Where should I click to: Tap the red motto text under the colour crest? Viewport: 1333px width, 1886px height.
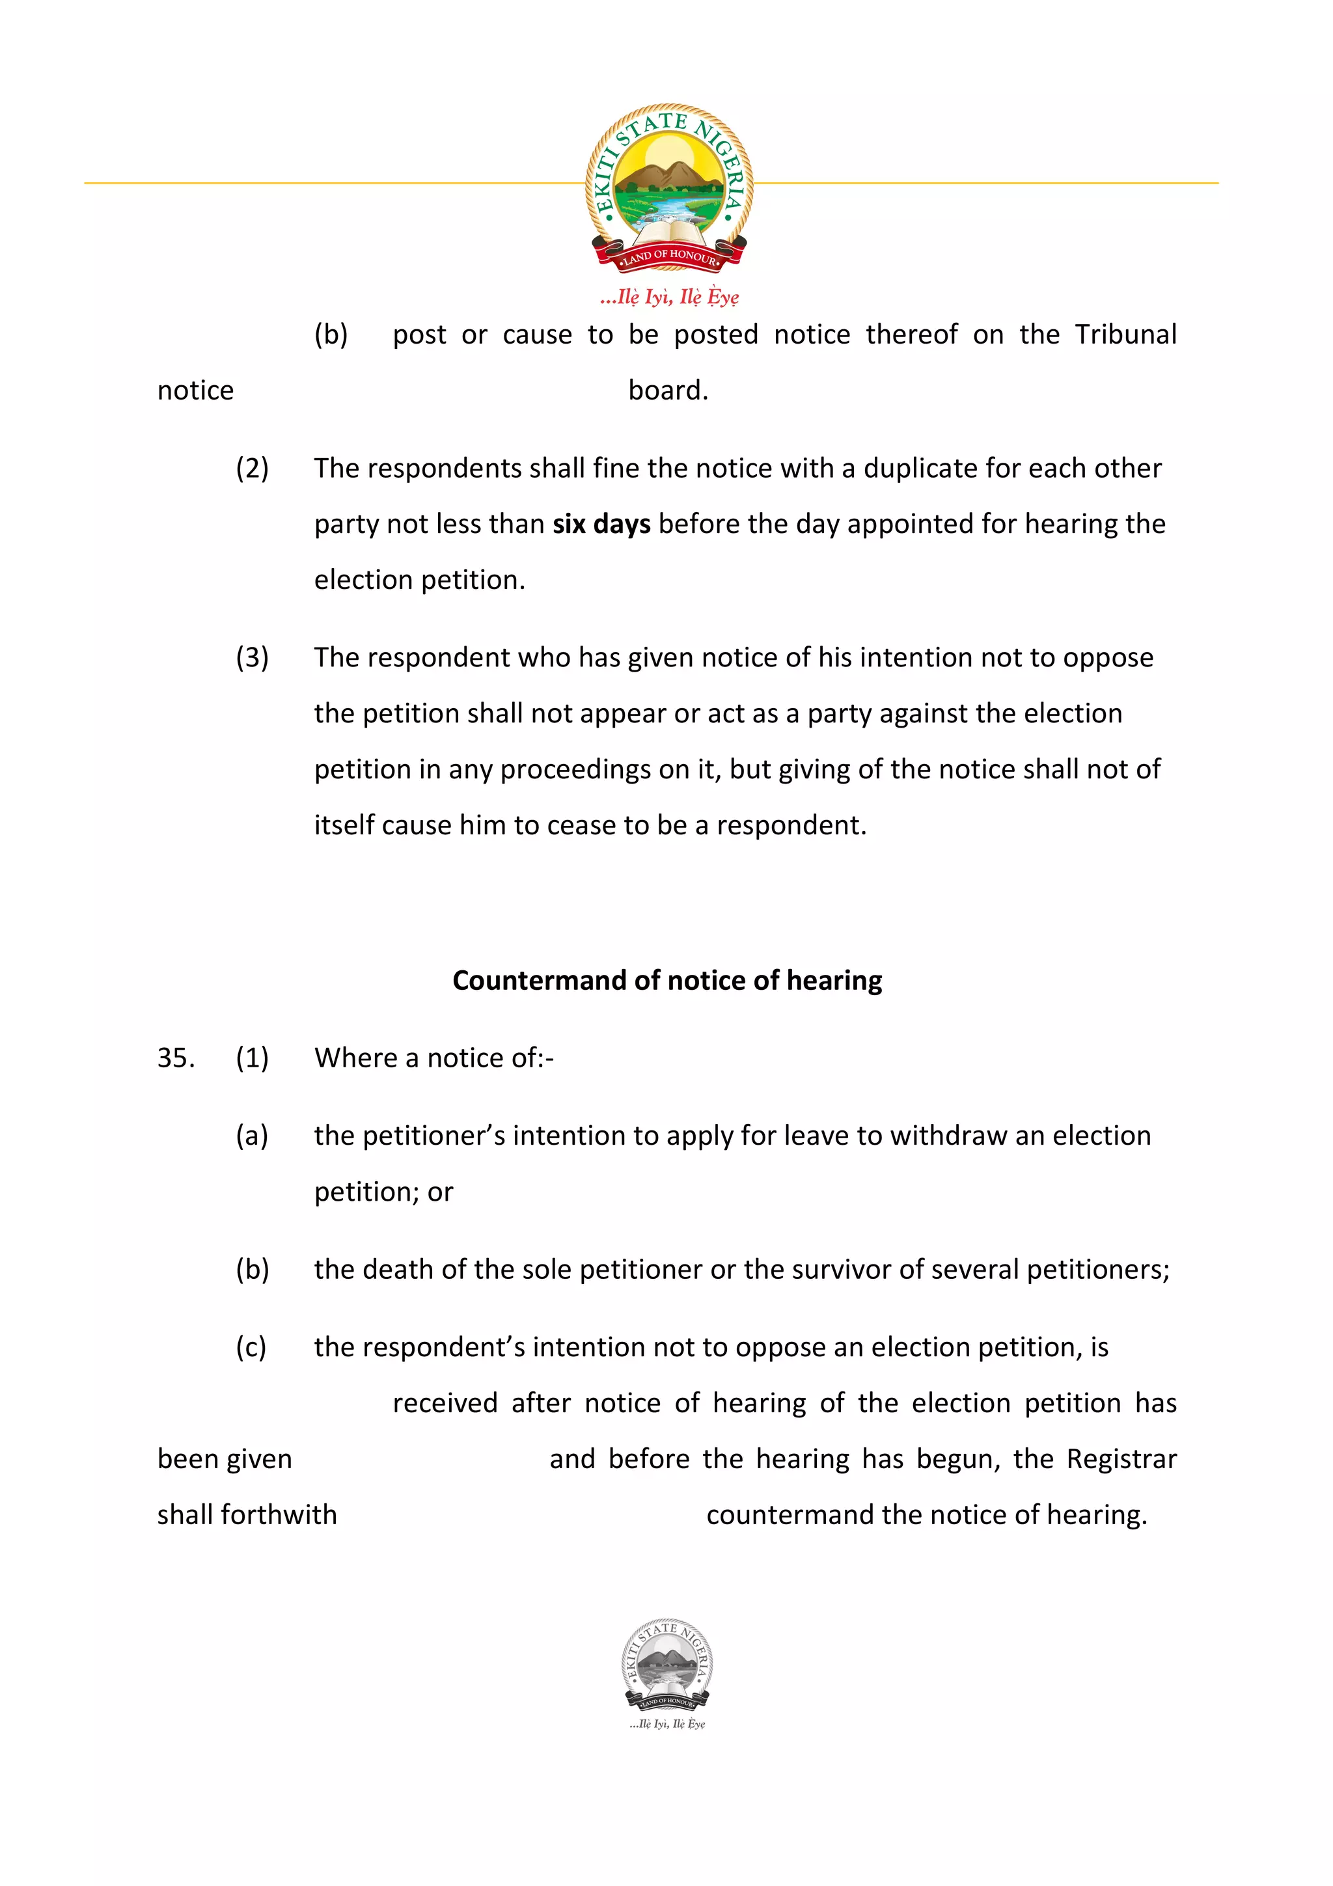tap(668, 297)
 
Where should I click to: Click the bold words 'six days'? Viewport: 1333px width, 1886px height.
tap(601, 524)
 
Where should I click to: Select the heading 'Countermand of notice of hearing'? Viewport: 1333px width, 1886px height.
tap(667, 980)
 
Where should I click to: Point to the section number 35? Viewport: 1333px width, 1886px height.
tap(175, 1058)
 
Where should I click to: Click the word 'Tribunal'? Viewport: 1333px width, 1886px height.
tap(1125, 335)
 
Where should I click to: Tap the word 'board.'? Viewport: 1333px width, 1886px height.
tap(668, 390)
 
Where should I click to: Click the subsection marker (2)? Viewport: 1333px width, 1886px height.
tap(252, 468)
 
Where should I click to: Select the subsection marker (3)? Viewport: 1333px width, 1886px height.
tap(252, 657)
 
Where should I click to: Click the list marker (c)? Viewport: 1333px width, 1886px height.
tap(251, 1347)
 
